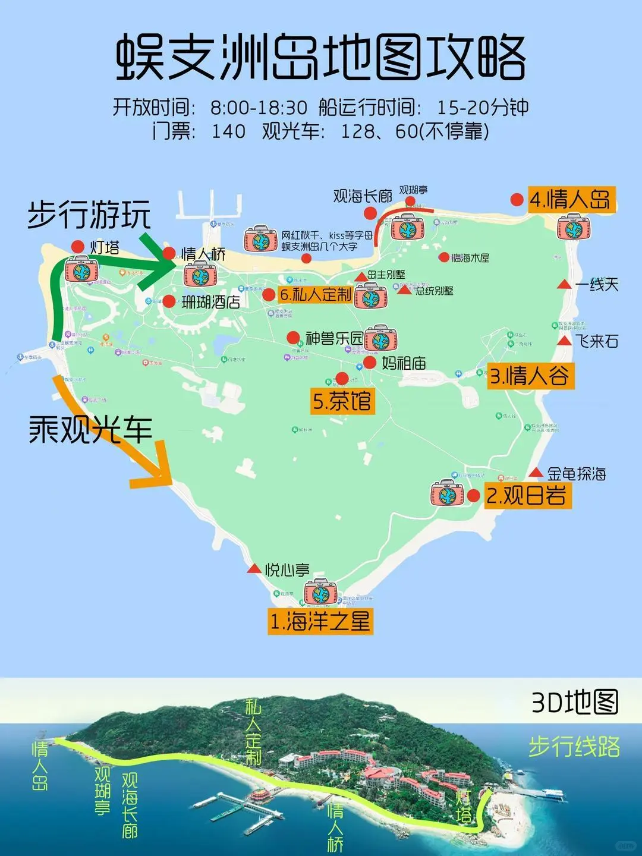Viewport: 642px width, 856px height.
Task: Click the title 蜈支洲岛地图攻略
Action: point(321,58)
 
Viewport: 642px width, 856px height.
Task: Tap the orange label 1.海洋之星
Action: point(320,621)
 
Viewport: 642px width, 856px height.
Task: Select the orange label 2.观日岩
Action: point(526,495)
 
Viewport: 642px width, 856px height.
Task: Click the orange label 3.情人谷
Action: point(530,376)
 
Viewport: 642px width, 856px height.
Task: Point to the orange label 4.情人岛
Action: point(570,200)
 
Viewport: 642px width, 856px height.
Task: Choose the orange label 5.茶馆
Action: point(342,401)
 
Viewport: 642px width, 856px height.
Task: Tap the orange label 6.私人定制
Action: point(315,294)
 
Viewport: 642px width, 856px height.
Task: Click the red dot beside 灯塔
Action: point(77,246)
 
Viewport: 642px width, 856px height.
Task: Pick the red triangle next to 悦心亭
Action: point(254,569)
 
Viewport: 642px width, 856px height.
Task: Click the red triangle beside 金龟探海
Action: point(536,473)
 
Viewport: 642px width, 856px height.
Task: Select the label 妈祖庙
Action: point(404,363)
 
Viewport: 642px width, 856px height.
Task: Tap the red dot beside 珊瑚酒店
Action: point(169,301)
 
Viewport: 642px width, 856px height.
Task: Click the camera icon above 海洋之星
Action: point(320,592)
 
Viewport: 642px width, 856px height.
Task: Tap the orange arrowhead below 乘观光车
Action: point(155,470)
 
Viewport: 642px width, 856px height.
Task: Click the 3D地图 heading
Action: point(574,702)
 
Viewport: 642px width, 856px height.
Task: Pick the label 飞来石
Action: point(596,341)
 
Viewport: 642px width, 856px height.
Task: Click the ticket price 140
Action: point(228,131)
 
